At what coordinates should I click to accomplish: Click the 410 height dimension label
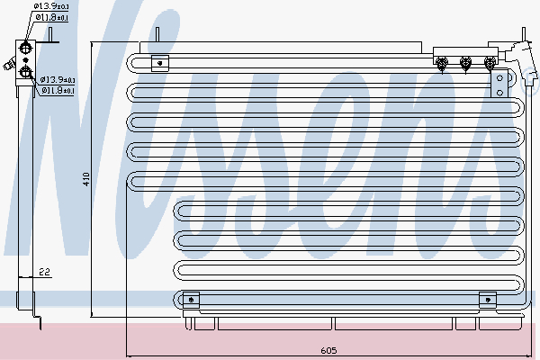86,179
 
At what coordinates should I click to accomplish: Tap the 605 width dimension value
328,350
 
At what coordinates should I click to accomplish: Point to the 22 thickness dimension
44,272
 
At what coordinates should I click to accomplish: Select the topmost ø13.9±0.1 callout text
51,6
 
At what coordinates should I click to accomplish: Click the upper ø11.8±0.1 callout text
51,17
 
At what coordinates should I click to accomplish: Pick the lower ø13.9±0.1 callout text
58,79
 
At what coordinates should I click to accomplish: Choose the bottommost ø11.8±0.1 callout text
58,90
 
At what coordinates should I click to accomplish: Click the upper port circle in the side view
25,48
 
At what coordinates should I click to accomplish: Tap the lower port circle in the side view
25,72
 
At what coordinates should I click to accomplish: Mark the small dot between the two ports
25,60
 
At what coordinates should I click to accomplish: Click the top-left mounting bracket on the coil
160,63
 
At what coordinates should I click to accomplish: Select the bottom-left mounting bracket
191,300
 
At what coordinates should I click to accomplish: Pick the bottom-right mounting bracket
488,300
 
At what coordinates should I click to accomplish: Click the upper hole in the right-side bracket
500,78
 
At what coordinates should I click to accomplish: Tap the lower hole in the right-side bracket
500,93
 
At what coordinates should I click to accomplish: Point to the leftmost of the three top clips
442,64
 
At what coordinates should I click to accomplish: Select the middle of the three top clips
465,64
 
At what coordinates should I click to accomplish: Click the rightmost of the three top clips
490,64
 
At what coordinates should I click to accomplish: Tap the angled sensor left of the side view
9,64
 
